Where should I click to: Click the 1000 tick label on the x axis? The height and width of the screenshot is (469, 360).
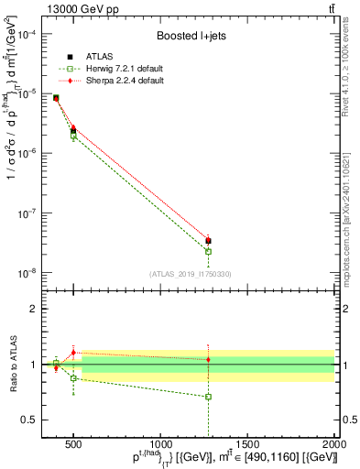(x=161, y=444)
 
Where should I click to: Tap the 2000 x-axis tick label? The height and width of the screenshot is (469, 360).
(x=335, y=444)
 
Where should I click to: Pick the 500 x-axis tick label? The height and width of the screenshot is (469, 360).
(x=74, y=444)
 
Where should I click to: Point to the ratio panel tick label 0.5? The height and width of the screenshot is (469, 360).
(x=30, y=420)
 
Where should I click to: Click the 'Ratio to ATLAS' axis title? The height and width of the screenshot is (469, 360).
(x=11, y=364)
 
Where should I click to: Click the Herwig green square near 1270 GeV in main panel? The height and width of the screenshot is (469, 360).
(x=209, y=251)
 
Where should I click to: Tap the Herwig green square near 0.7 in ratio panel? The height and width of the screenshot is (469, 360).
(x=209, y=397)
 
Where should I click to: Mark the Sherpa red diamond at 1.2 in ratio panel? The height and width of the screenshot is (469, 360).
(x=73, y=353)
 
